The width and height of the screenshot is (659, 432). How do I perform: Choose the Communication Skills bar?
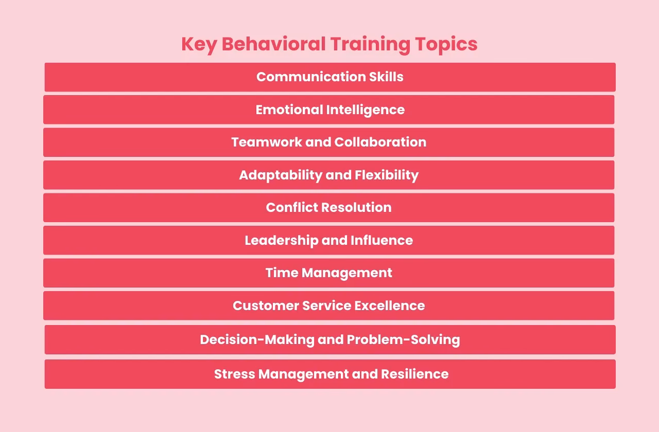point(329,77)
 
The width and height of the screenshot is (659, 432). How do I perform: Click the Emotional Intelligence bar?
point(329,110)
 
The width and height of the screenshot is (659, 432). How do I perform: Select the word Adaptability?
point(280,175)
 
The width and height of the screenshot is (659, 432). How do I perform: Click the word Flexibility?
point(387,175)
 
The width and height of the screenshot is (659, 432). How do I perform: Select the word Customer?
point(265,306)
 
